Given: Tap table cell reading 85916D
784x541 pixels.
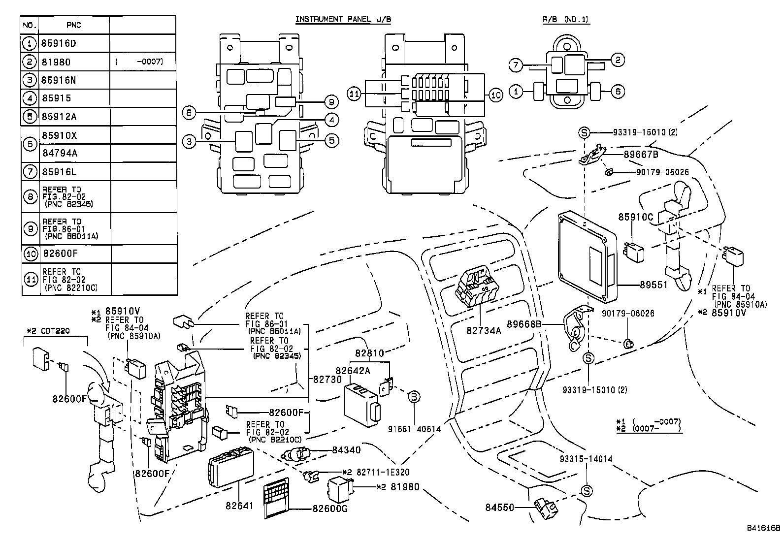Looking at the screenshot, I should tap(59, 43).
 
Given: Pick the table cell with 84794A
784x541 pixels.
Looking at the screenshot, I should tap(60, 153).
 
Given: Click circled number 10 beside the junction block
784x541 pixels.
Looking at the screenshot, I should tap(496, 95).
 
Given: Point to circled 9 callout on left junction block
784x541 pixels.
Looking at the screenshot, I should tap(331, 102).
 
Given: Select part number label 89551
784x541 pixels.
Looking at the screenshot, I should tap(653, 285).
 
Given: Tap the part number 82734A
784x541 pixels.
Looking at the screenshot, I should tap(484, 330).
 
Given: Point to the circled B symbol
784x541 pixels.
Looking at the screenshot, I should tap(414, 396).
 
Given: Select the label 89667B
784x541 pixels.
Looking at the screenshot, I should tap(641, 154).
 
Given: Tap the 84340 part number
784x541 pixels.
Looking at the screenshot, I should tap(346, 449).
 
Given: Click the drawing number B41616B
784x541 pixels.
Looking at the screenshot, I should tap(762, 528).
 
